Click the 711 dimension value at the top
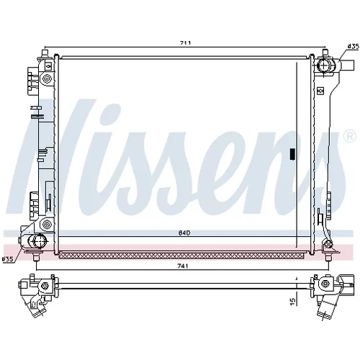point(185,43)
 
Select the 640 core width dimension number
point(184,233)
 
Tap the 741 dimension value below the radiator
point(183,266)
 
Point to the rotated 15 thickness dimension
point(292,302)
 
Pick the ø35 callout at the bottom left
point(7,259)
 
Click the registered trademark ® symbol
point(350,136)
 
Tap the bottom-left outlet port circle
point(38,240)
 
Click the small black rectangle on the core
point(292,154)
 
